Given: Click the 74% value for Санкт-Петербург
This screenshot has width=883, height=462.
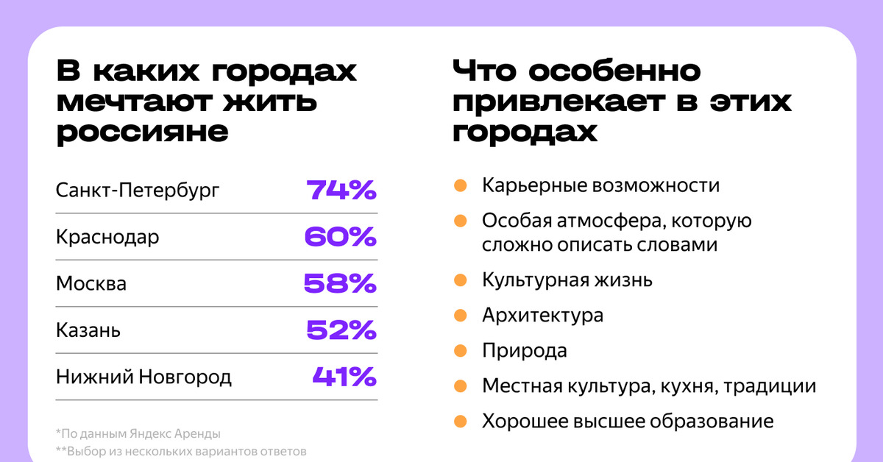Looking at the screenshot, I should (x=341, y=191).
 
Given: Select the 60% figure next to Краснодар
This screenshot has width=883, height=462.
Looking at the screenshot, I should (x=340, y=237).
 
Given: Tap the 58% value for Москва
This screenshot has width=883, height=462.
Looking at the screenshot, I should (x=340, y=283).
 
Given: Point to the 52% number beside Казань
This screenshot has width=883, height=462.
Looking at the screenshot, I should (x=341, y=330).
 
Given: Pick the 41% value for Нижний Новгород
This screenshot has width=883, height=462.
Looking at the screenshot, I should (x=344, y=377).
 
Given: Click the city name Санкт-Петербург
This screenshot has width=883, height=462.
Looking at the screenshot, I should (x=138, y=191).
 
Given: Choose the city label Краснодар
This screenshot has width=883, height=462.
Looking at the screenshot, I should (x=107, y=238).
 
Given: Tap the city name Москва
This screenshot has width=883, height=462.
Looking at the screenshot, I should (x=91, y=284).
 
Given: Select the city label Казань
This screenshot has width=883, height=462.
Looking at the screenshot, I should (x=88, y=331).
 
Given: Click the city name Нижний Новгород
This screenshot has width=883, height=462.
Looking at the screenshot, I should (x=143, y=377).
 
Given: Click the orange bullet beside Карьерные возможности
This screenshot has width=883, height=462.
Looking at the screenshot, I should (x=461, y=185).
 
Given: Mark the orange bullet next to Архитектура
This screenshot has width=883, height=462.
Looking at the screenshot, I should (x=461, y=316).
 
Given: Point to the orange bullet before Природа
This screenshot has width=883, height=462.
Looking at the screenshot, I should (x=461, y=350).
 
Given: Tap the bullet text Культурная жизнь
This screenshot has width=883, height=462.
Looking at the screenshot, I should (x=567, y=280).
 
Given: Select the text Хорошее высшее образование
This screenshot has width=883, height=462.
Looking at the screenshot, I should (x=628, y=422).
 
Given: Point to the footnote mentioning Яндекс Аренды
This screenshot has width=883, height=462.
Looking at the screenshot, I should (x=138, y=433).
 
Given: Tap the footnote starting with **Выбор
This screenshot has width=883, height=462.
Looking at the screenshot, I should (x=180, y=451).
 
